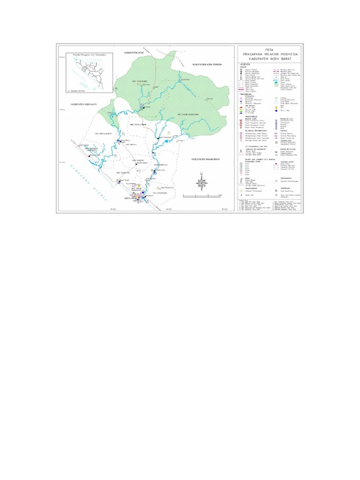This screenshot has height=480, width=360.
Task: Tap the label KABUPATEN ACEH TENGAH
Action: [206, 63]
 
